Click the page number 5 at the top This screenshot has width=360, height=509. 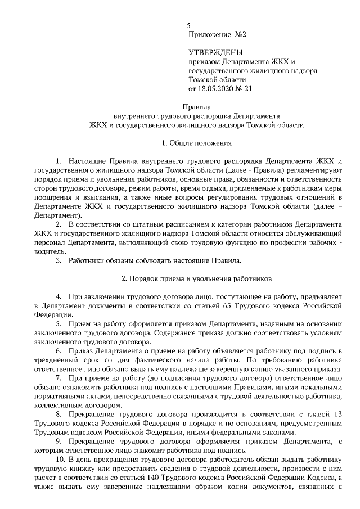(x=188, y=25)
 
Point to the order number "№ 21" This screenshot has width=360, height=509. (x=246, y=88)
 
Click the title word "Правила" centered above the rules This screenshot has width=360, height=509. (x=196, y=105)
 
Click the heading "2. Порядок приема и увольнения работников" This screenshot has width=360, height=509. (x=196, y=278)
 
